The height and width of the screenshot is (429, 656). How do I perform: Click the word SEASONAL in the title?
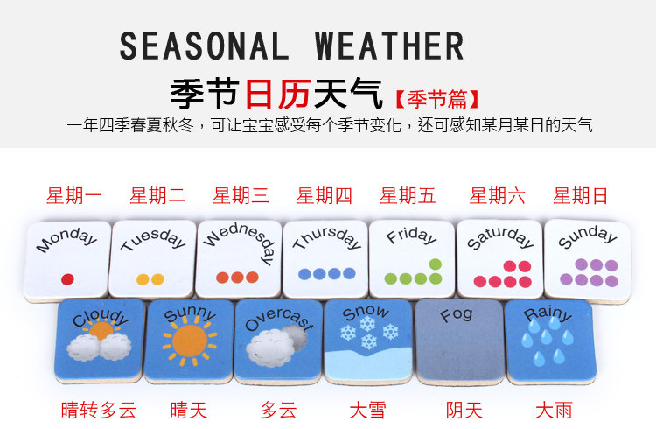click(x=204, y=46)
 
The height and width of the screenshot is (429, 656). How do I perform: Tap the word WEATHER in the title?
click(x=389, y=46)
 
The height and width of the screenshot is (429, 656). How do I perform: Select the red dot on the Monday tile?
click(x=67, y=279)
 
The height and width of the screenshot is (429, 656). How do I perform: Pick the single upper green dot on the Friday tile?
click(x=435, y=264)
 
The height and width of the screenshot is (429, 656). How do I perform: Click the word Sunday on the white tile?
click(x=587, y=236)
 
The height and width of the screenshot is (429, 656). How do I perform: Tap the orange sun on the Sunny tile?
click(x=190, y=341)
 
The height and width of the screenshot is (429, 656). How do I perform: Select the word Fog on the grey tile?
click(x=457, y=315)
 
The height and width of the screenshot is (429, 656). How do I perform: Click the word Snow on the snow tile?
click(x=366, y=312)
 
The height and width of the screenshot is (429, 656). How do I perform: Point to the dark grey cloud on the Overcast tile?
click(x=296, y=336)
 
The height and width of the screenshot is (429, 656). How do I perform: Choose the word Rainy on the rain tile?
click(x=548, y=313)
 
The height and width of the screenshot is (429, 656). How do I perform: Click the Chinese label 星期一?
click(x=74, y=196)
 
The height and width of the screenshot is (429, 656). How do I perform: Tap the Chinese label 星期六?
click(x=497, y=196)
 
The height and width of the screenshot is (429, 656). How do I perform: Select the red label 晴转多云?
click(x=99, y=410)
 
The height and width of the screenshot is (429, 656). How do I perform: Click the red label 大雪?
click(x=367, y=410)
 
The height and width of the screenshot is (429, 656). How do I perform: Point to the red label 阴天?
click(x=464, y=410)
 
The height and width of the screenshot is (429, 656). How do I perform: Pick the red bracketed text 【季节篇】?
click(x=436, y=100)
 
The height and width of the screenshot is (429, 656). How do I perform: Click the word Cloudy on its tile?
click(x=101, y=318)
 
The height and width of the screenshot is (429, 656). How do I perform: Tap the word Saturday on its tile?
click(x=500, y=237)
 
